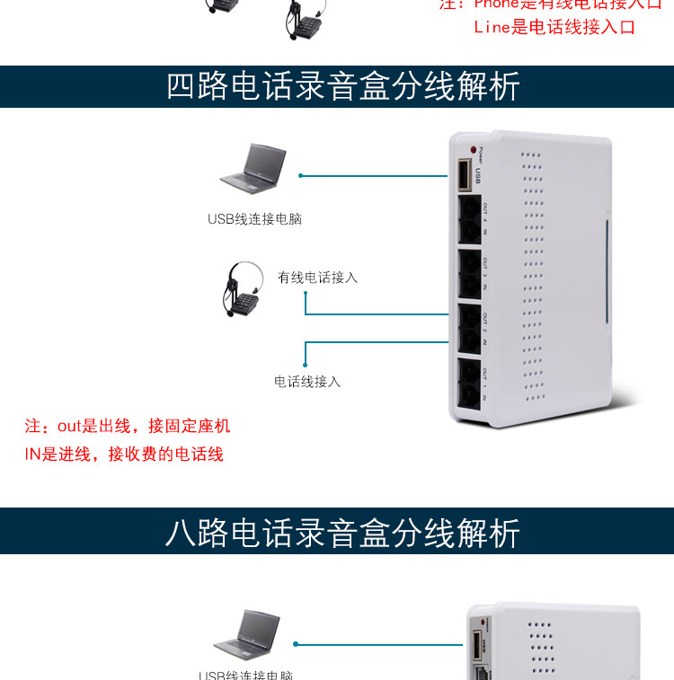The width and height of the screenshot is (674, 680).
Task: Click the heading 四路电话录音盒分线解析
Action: [x=342, y=86]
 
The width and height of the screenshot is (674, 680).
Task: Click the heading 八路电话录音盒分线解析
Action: [x=342, y=533]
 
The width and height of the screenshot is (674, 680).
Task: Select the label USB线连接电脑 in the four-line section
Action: [x=254, y=218]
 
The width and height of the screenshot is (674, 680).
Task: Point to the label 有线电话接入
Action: [x=317, y=278]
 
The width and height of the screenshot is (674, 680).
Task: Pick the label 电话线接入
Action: [x=307, y=382]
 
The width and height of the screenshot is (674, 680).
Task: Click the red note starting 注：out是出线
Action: [x=128, y=426]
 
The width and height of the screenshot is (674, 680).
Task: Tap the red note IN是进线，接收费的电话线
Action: [x=124, y=455]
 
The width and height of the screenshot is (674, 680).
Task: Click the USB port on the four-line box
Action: [x=464, y=175]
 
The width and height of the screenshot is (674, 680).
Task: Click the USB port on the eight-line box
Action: [x=478, y=648]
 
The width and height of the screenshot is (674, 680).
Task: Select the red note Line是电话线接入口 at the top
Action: [x=554, y=27]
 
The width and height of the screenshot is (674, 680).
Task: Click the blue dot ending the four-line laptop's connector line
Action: [x=301, y=175]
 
